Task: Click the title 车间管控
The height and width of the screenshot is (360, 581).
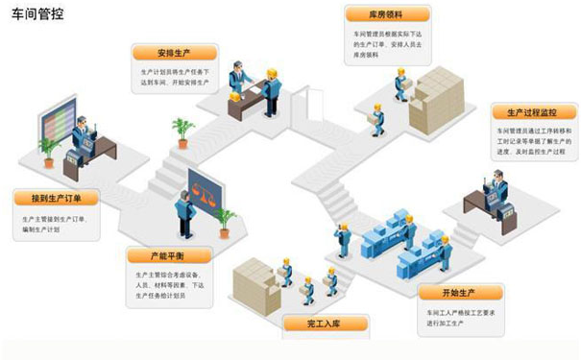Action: [x=37, y=16]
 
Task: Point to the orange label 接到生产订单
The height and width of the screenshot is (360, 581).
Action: [x=55, y=199]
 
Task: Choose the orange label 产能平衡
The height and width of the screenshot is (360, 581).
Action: [x=167, y=256]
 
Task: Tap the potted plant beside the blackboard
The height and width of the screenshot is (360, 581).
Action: [x=226, y=222]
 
